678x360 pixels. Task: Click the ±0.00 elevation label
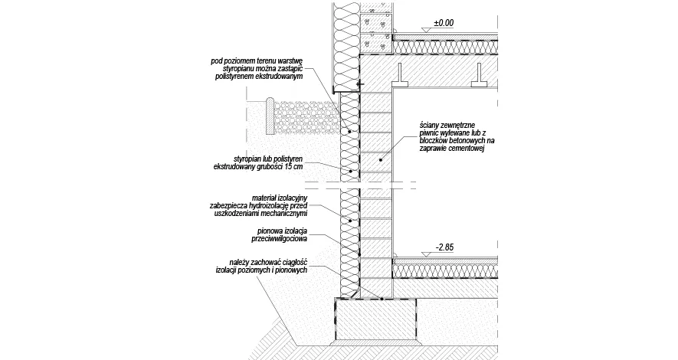[x=444, y=22]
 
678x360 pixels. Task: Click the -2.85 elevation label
[x=444, y=247]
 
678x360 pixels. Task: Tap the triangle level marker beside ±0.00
[x=427, y=30]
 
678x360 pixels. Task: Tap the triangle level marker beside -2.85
[x=427, y=254]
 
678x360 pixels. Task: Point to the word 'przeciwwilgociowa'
[x=280, y=238]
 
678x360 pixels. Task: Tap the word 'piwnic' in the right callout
[x=428, y=133]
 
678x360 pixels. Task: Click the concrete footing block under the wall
[x=375, y=320]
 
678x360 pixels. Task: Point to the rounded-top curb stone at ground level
[x=270, y=116]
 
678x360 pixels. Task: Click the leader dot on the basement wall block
[x=381, y=160]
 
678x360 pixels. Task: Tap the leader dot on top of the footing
[x=382, y=298]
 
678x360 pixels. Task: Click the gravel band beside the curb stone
[x=306, y=116]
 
